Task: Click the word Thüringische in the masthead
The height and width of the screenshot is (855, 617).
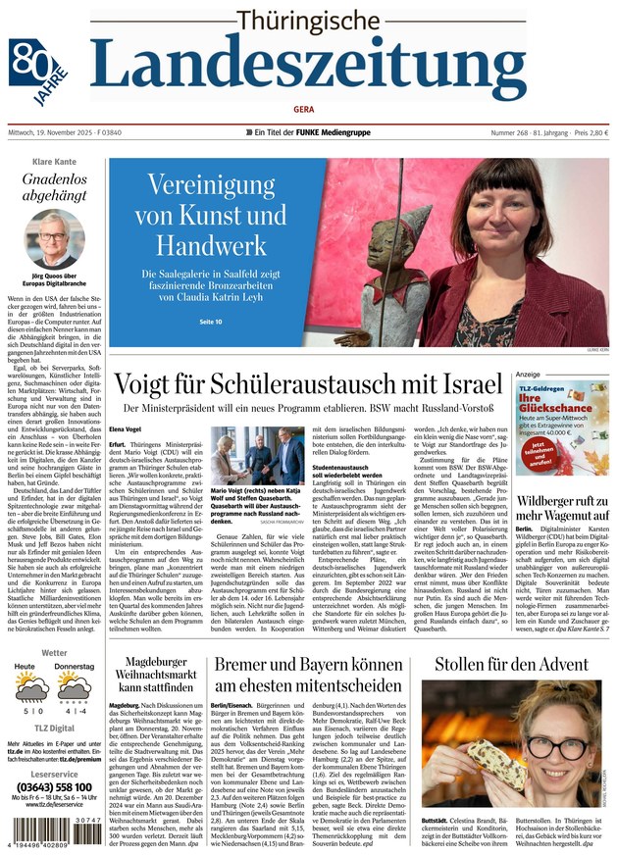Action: (308, 21)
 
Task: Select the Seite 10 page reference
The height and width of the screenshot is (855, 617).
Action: (211, 322)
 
